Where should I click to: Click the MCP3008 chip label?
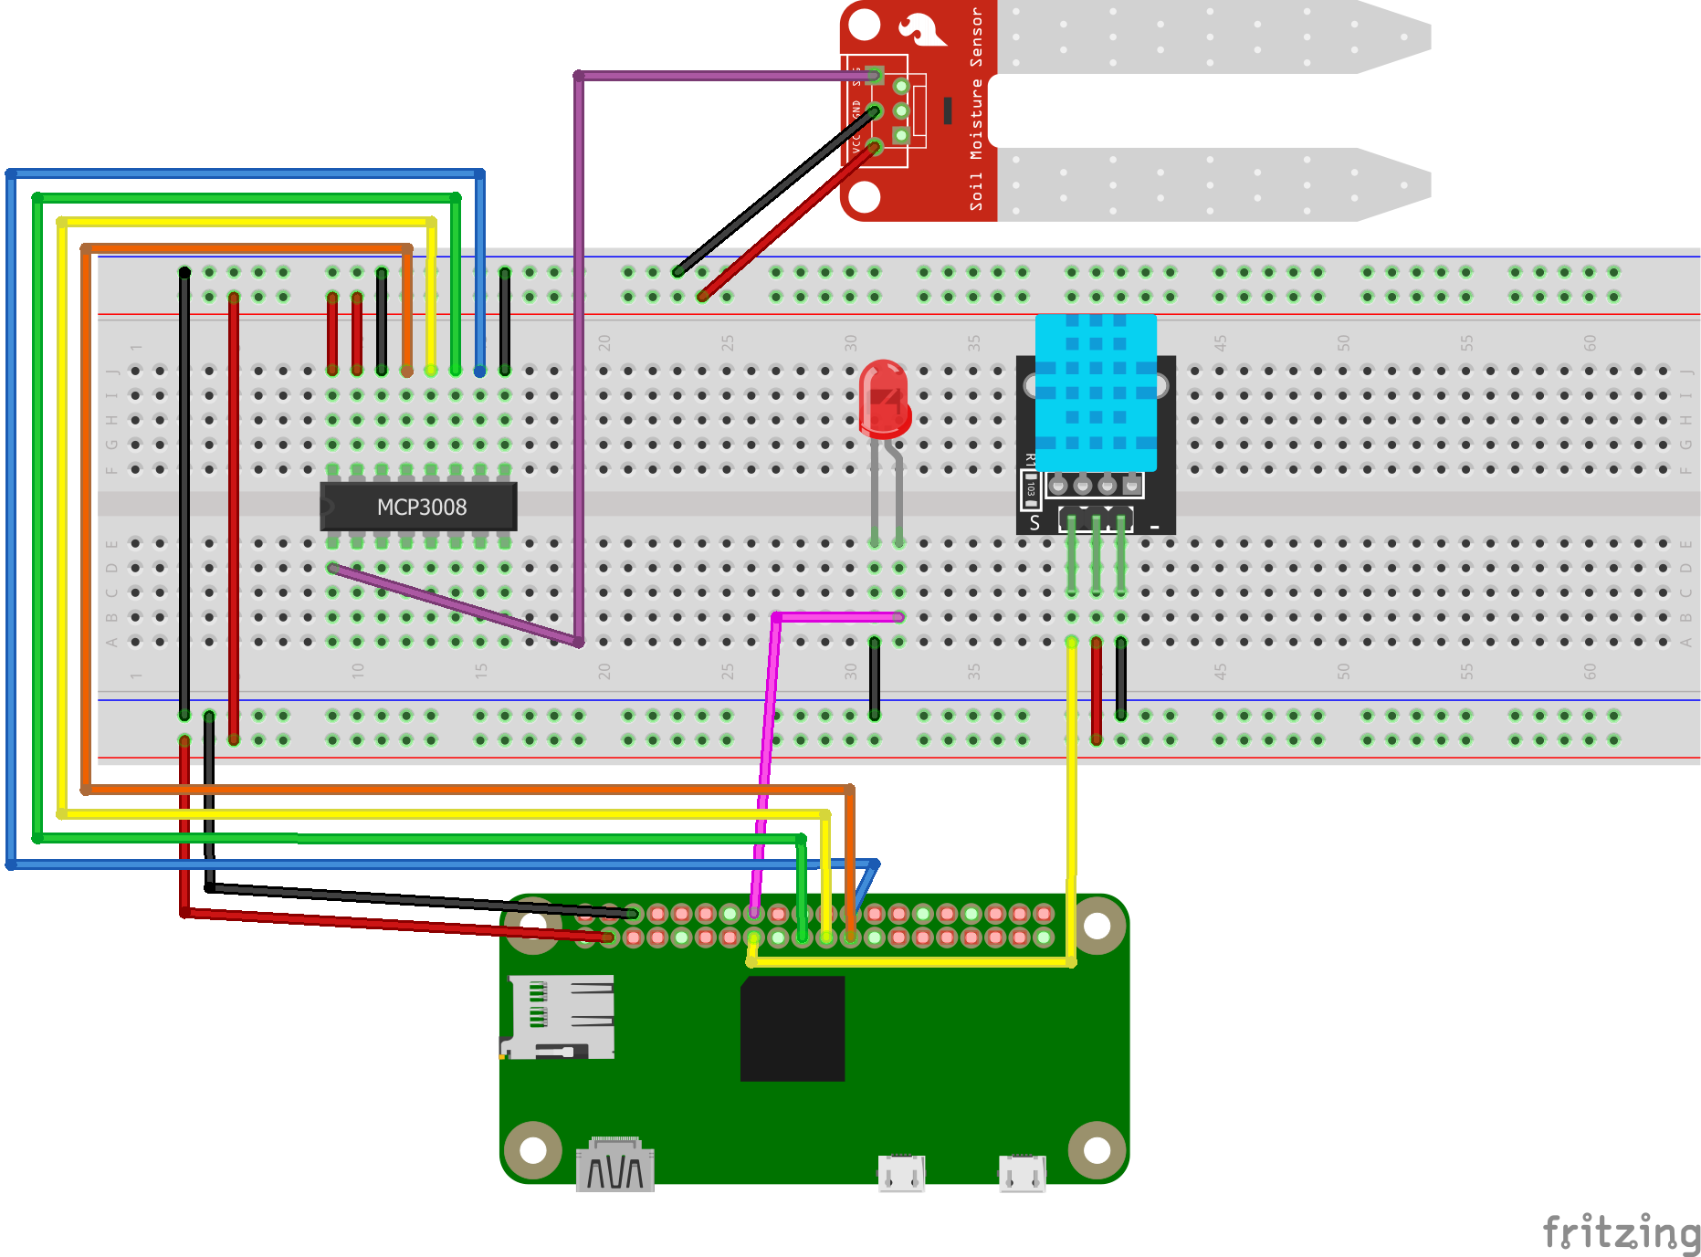point(421,508)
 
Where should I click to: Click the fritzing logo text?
point(1621,1232)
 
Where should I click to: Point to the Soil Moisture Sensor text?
point(976,110)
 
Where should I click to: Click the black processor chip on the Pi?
point(793,1029)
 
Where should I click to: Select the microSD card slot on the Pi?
point(560,1016)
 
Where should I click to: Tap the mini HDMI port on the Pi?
point(615,1168)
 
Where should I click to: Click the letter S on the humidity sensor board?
point(1034,523)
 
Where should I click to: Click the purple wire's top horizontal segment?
point(712,76)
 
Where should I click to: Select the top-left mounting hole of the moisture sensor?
point(865,24)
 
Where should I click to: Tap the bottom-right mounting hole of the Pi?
point(1096,1150)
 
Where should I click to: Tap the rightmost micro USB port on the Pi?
point(1022,1173)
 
